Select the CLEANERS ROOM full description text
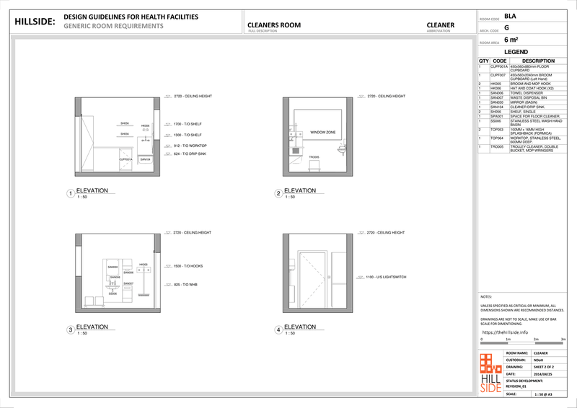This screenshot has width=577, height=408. [x=274, y=25]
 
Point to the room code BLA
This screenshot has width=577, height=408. [x=510, y=15]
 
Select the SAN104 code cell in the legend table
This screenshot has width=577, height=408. [x=498, y=107]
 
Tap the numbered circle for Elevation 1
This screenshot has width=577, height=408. [x=70, y=194]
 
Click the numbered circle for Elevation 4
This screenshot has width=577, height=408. [x=278, y=330]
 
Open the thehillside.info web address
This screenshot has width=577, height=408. [x=505, y=332]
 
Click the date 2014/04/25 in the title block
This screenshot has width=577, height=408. [x=543, y=374]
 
